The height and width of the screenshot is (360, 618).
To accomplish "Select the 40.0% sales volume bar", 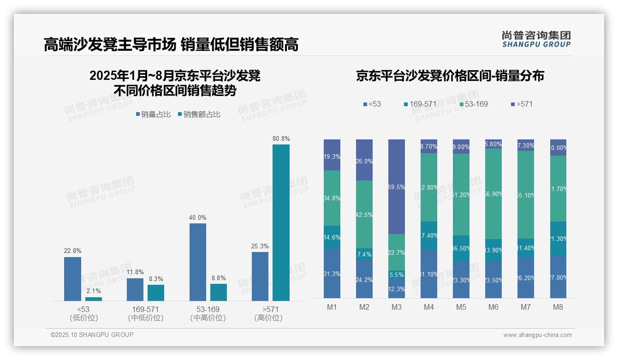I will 198,262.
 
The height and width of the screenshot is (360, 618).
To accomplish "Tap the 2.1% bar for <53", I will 94,299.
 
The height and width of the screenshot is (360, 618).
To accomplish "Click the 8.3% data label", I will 156,279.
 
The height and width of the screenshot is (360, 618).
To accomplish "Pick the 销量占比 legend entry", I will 153,114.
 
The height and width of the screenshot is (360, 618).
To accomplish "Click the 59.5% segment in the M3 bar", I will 396,186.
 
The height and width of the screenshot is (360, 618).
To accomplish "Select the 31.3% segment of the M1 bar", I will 332,273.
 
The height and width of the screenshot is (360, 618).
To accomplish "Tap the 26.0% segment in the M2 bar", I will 364,160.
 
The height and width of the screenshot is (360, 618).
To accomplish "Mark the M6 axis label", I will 493,307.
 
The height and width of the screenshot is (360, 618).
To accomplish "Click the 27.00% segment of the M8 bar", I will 558,277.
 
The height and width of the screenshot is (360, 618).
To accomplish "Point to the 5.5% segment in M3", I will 396,274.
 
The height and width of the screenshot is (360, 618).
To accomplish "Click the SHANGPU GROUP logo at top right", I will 536,39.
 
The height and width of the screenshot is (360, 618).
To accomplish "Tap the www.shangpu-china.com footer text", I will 537,335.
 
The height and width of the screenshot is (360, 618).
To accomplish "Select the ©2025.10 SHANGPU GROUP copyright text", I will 92,335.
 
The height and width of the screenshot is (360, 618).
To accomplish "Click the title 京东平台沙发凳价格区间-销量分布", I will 450,76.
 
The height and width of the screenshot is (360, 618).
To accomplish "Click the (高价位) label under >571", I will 268,318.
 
